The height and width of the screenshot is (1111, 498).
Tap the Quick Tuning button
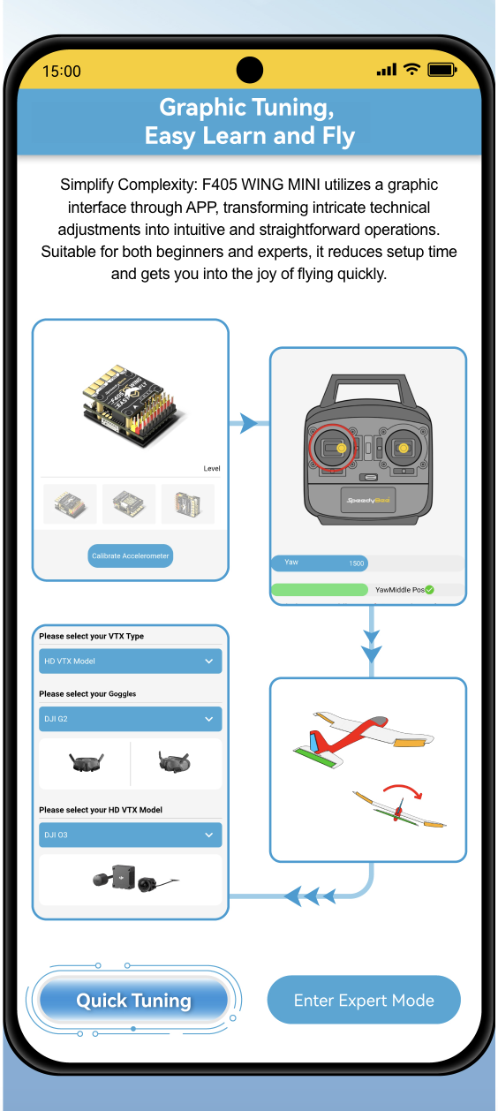coord(133,1000)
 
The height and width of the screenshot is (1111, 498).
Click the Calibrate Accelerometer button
coord(131,555)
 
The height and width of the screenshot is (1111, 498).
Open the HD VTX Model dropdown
coord(131,661)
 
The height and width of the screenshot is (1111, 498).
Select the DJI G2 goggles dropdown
coord(131,719)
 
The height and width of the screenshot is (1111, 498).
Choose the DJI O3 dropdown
coord(131,835)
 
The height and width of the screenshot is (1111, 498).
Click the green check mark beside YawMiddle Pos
coord(429,589)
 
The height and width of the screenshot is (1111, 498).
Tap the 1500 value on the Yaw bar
coord(356,563)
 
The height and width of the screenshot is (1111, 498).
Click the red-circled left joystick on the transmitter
coord(332,448)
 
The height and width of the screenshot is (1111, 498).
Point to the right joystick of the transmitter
coord(404,448)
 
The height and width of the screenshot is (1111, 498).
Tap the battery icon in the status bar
coord(442,70)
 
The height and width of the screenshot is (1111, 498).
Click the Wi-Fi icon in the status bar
coord(411,69)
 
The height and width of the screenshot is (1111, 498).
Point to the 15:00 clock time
coord(62,71)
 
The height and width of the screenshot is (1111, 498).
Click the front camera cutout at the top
coord(250,70)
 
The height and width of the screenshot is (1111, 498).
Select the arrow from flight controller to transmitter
coord(249,423)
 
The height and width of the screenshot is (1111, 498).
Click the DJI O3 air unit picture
coord(135,878)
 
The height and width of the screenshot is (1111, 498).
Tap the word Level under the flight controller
coord(212,468)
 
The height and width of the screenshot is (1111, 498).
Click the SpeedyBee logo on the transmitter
coord(368,500)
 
